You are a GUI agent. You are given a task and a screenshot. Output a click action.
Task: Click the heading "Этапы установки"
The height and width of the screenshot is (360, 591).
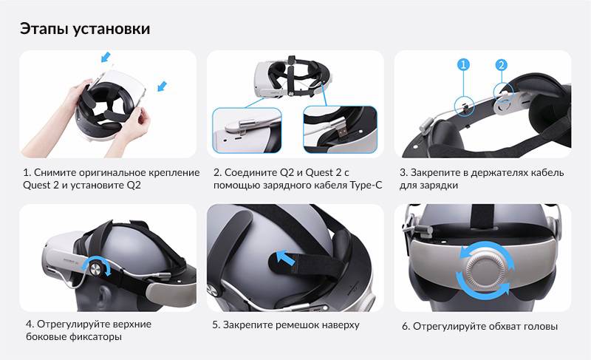click(x=85, y=29)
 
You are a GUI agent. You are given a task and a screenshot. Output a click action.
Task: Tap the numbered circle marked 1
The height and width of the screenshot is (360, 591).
click(x=464, y=65)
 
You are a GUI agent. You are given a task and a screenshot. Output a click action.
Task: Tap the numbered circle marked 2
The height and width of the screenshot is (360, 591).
click(x=501, y=65)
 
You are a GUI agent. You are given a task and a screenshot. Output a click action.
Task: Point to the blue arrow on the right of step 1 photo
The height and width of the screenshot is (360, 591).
click(x=163, y=87)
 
